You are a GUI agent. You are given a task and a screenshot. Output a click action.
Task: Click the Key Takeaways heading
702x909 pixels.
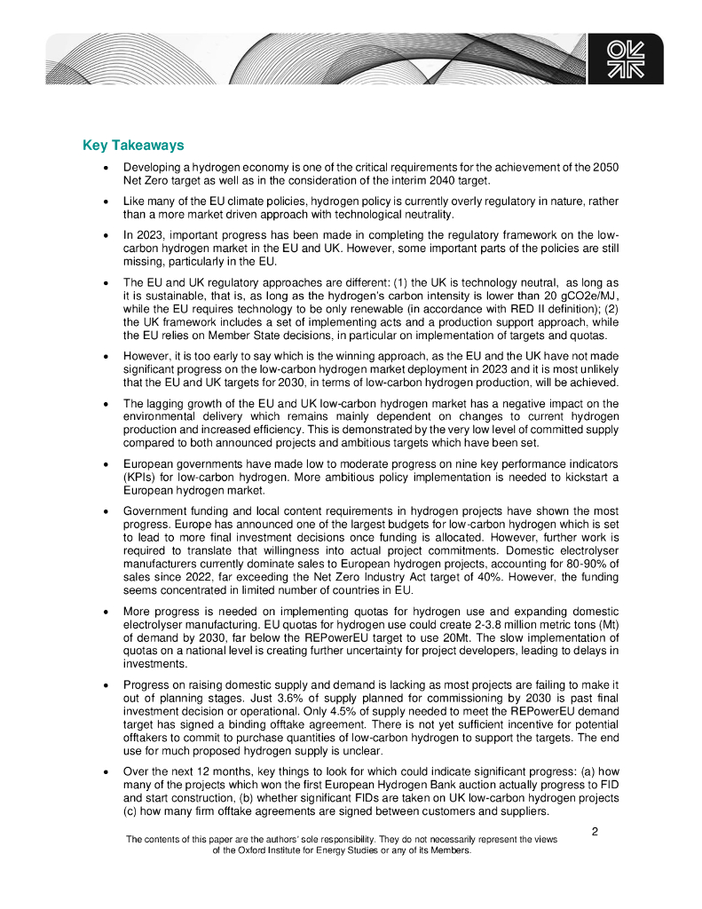[x=133, y=146]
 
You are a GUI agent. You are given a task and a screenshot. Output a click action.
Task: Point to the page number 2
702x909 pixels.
[x=595, y=832]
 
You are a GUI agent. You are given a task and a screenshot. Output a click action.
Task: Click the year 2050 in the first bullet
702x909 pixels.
[x=605, y=168]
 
